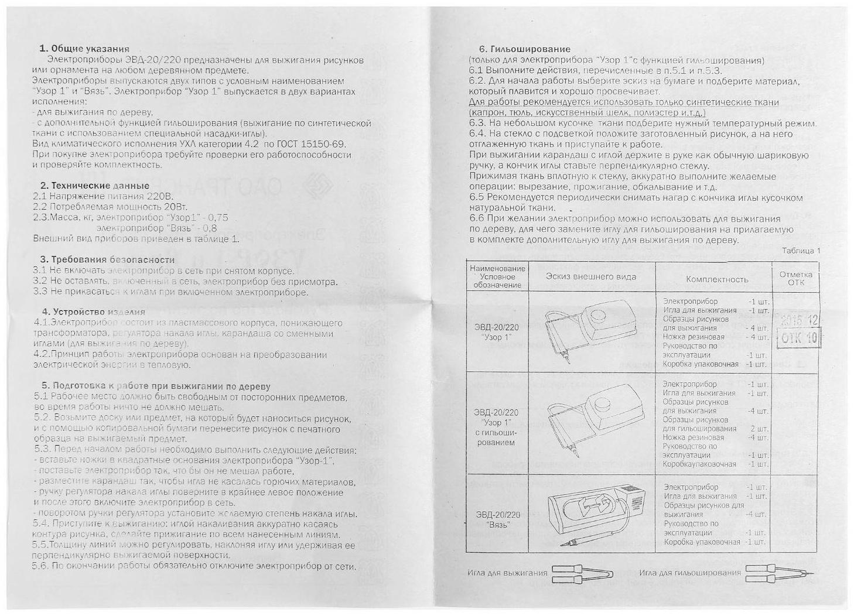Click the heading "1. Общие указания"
84,49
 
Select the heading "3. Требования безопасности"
107,259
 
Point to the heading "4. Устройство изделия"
94,312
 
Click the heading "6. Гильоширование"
524,49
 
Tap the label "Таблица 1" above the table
801,251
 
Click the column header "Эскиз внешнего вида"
591,277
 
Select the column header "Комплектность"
717,279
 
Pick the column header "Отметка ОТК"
796,278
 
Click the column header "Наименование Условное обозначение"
498,276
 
